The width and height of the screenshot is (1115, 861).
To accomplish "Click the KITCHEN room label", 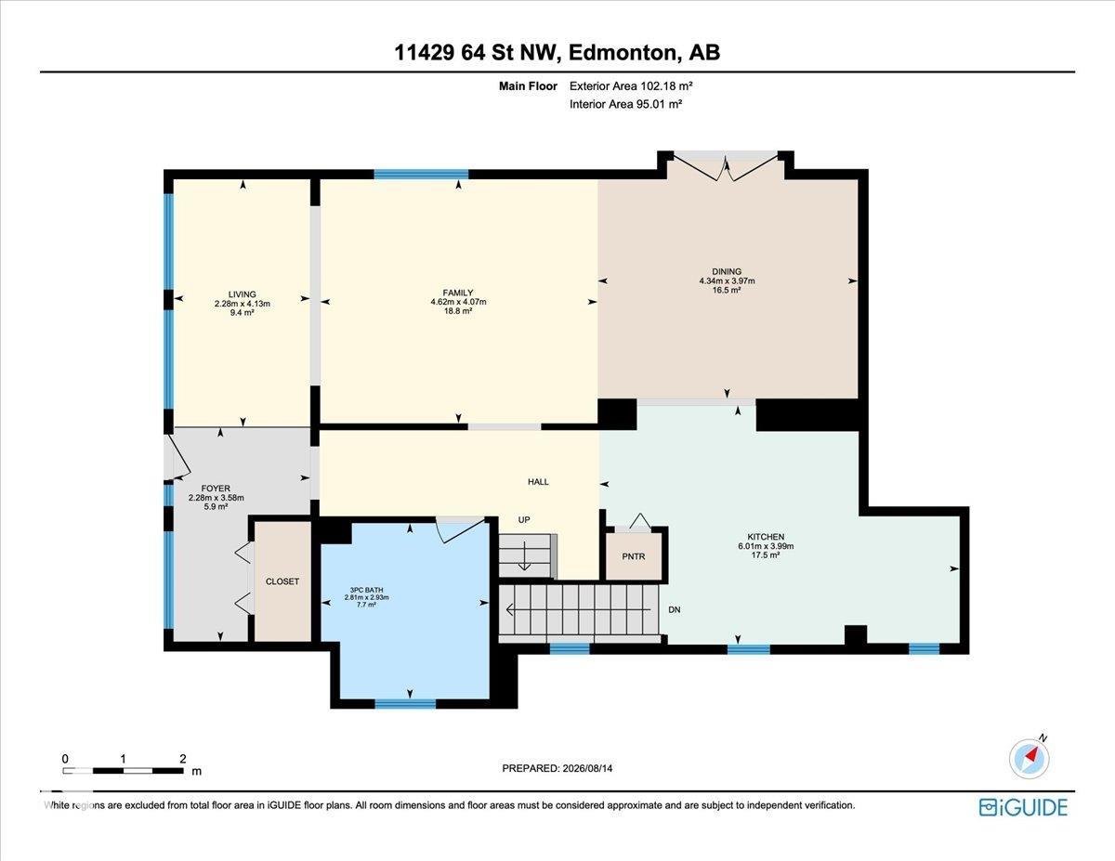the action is [766, 537].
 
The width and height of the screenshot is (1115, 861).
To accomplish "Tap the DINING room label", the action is [727, 271].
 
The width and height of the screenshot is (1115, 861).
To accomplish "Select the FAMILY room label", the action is [458, 293].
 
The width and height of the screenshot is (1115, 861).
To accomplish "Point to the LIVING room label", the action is [243, 294].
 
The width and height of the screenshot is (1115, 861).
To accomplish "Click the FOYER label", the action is [216, 489].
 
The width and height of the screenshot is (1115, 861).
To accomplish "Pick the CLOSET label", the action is [282, 581].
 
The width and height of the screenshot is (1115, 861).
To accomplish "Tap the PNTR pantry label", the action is [634, 556].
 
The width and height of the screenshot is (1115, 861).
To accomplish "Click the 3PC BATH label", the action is [366, 590].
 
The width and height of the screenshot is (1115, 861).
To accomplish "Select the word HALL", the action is [538, 481].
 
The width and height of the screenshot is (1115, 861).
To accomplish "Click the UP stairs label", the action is [524, 519].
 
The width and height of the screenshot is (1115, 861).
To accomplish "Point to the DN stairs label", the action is [675, 609].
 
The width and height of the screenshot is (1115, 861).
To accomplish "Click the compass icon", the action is [1030, 759].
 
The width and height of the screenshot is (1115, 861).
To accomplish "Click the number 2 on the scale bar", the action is [183, 759].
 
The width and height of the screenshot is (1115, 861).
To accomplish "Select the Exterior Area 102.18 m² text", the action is [631, 86].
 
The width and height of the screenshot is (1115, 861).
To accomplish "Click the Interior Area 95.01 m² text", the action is [626, 105].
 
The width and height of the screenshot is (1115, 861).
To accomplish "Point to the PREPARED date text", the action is [557, 768].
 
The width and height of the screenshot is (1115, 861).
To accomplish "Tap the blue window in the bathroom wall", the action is [405, 703].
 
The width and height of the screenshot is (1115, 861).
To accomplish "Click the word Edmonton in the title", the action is [622, 53].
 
